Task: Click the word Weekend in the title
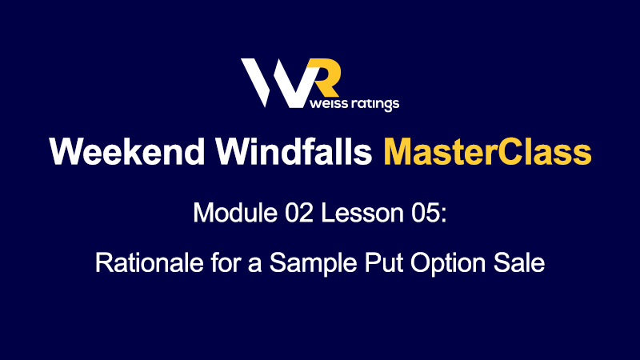click(127, 151)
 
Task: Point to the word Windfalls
click(294, 151)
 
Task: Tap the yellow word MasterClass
click(487, 151)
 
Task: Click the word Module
click(235, 213)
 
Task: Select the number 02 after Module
click(298, 213)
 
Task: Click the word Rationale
click(150, 262)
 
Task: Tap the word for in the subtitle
click(223, 262)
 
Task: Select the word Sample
click(313, 263)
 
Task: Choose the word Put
click(384, 262)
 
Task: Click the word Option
click(448, 263)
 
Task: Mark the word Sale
click(519, 262)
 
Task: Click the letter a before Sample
click(254, 266)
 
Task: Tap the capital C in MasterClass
click(510, 151)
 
